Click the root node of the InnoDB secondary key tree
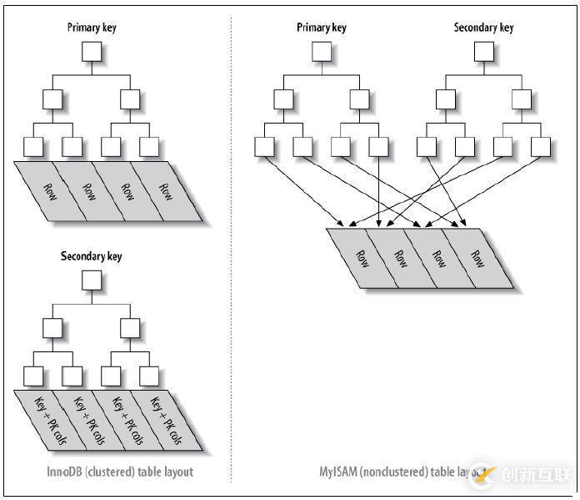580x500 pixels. click(92, 280)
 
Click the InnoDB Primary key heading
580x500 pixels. click(92, 28)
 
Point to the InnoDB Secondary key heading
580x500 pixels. click(92, 256)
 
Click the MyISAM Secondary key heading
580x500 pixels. click(483, 28)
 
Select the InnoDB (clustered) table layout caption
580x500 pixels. click(120, 472)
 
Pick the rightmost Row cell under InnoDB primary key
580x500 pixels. click(167, 190)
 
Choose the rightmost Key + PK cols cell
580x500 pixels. click(165, 420)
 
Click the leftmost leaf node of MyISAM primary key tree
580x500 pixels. click(264, 146)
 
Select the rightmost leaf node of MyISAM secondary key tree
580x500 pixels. click(540, 146)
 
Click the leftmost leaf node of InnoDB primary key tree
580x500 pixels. click(33, 146)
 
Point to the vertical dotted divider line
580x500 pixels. click(231, 250)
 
